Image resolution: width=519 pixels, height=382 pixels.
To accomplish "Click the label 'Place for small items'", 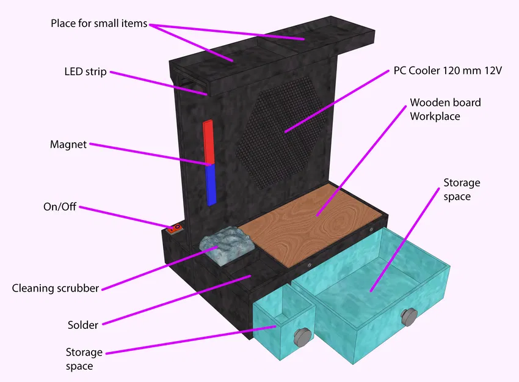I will pos(99,24).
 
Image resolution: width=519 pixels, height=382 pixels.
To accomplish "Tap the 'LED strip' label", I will pos(85,72).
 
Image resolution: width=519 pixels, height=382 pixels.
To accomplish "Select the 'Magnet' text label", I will pos(68,145).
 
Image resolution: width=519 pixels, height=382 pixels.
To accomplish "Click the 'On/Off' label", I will pos(59,207).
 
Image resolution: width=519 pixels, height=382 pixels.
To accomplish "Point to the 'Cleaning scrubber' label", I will pos(56,288).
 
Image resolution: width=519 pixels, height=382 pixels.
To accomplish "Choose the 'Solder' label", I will pos(82,325).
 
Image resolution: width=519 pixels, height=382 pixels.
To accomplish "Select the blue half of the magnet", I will pos(211,185).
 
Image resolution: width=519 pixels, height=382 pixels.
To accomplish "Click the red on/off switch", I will pos(175,229).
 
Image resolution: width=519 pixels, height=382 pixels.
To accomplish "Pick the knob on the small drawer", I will pos(302,336).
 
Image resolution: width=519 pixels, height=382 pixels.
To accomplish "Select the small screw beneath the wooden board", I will pos(310,265).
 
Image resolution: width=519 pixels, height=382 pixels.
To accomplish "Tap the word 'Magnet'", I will pos(68,145).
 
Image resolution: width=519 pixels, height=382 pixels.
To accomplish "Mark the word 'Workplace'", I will pos(435,116).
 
